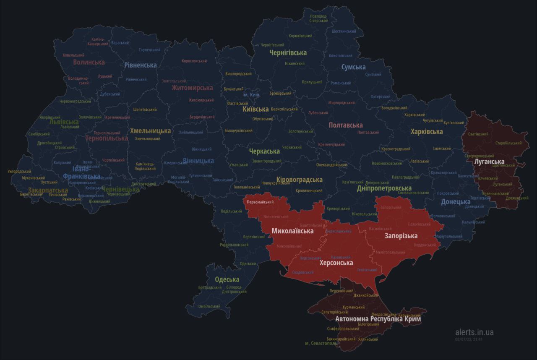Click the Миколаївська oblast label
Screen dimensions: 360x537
click(292, 231)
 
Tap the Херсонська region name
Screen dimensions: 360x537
click(336, 263)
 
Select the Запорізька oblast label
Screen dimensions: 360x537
click(401, 236)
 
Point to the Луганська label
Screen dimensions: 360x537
click(489, 162)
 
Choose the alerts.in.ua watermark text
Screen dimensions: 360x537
click(474, 332)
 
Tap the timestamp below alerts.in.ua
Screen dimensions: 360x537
click(469, 339)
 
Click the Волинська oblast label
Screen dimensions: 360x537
click(89, 62)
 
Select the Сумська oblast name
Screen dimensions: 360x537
click(353, 67)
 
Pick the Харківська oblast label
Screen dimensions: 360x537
click(426, 132)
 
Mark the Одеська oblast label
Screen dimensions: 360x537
click(227, 279)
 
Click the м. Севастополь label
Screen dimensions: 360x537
click(321, 343)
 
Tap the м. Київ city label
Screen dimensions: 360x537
click(252, 95)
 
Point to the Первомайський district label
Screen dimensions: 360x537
click(260, 202)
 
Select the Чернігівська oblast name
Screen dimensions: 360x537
click(288, 53)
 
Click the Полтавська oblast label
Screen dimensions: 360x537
click(346, 125)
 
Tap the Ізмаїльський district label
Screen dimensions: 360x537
click(209, 307)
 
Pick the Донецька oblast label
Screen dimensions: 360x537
click(455, 202)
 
